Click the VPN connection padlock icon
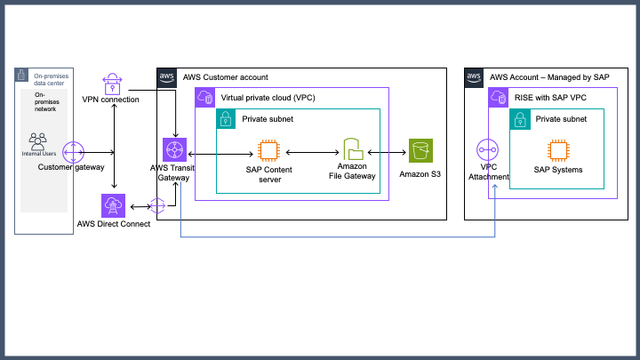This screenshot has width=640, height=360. [x=114, y=84]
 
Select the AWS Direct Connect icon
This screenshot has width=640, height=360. [x=113, y=206]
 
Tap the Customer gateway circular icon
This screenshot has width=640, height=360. [x=72, y=151]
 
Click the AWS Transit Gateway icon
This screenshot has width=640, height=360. [x=173, y=151]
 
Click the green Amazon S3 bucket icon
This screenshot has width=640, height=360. [x=420, y=152]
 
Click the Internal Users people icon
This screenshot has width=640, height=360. [x=38, y=140]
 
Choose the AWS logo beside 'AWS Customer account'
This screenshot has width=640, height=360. [x=167, y=77]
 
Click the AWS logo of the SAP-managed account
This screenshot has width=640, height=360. [x=475, y=77]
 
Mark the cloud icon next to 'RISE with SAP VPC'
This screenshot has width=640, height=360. [x=499, y=98]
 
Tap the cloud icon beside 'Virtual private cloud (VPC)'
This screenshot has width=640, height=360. [x=204, y=98]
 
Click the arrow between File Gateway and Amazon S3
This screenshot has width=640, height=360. [x=387, y=153]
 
